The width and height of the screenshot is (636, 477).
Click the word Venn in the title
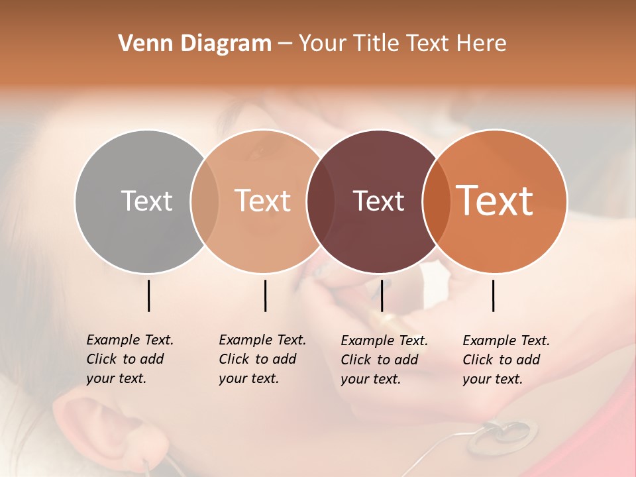click(139, 44)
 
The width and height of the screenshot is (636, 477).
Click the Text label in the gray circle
click(146, 201)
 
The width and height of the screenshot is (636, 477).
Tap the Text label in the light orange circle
click(263, 201)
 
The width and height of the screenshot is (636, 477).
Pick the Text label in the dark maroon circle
click(378, 201)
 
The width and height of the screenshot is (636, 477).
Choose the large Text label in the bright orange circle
click(495, 200)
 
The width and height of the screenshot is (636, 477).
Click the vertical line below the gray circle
click(148, 295)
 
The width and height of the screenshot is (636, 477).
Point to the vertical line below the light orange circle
click(265, 295)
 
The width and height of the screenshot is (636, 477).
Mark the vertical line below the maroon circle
click(382, 295)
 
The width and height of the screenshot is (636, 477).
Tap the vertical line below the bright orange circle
click(493, 295)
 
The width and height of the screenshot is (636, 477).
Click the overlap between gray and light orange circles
click(205, 201)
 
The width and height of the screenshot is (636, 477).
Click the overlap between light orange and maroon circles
click(321, 201)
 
